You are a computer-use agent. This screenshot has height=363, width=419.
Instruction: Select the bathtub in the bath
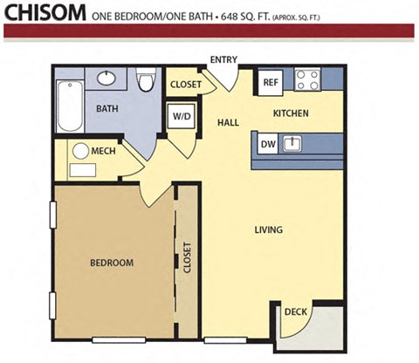70,107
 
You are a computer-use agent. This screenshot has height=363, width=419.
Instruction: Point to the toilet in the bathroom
146,82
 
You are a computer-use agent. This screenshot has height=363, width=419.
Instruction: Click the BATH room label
107,108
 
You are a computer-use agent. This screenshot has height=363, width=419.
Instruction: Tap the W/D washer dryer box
182,117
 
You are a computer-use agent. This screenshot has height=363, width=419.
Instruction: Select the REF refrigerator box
270,83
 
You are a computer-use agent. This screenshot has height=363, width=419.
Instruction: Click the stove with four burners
307,80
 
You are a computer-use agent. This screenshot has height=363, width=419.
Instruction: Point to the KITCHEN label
290,113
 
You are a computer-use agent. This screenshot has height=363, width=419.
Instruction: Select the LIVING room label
270,230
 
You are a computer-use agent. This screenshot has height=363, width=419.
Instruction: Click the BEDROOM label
112,263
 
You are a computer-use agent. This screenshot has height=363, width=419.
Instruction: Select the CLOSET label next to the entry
186,85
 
